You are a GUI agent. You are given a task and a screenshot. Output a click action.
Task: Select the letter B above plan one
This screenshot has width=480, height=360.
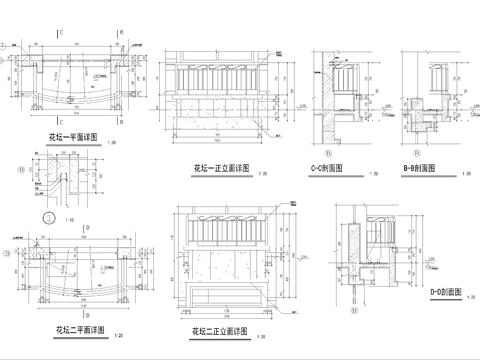coord(121,33)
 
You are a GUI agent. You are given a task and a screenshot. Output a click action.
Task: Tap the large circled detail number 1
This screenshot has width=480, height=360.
coord(46,215)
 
